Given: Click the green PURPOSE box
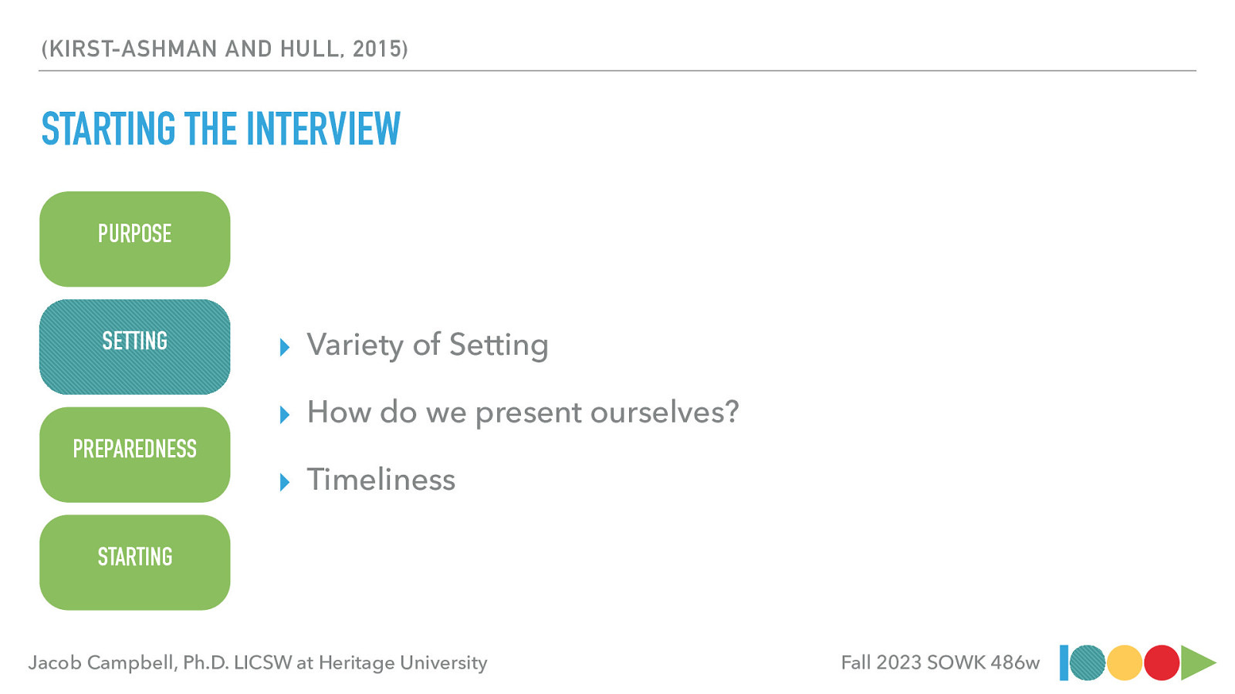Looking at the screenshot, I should (134, 239).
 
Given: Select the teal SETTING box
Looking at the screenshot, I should (134, 347).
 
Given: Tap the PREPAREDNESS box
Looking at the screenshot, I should (134, 455).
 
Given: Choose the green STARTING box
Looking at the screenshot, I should (134, 563).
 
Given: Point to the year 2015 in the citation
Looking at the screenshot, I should (377, 49).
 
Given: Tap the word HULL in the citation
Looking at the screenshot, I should (310, 49).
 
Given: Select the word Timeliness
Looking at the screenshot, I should (381, 480).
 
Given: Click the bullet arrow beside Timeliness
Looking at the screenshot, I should (285, 483).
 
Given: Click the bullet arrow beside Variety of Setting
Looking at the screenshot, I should (285, 348).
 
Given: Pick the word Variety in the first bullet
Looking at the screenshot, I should (354, 345).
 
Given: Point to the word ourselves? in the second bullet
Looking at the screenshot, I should (665, 413).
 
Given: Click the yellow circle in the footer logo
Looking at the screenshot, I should (1124, 663).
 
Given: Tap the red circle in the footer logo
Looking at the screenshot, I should (1161, 663).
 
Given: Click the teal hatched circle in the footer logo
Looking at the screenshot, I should (1088, 663).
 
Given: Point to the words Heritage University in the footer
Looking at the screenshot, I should (403, 663).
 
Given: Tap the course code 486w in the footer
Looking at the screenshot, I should (1015, 663).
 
